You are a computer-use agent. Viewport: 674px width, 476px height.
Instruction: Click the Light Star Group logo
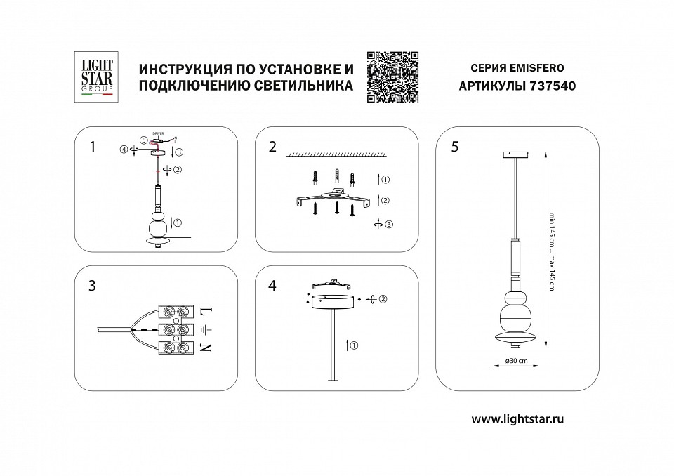click(x=93, y=77)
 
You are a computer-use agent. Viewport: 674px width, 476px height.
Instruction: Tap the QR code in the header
click(x=393, y=77)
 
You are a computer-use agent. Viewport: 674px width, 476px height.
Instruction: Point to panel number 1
click(x=92, y=147)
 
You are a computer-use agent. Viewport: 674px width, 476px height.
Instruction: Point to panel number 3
click(x=92, y=286)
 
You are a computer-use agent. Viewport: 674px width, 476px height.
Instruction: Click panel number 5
click(x=455, y=147)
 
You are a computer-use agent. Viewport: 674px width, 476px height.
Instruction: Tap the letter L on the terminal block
click(x=206, y=310)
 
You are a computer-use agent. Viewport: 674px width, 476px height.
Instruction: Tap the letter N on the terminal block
click(x=206, y=348)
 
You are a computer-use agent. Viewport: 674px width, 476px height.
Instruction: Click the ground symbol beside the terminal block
click(x=205, y=329)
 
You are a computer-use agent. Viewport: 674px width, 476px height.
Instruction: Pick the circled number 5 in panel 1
click(x=143, y=140)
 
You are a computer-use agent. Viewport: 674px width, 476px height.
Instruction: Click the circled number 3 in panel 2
click(x=389, y=225)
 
